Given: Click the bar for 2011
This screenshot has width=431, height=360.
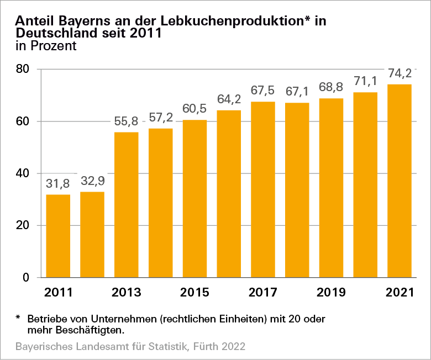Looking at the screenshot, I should tap(58, 236).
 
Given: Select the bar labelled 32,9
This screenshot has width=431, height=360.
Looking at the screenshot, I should tap(92, 234).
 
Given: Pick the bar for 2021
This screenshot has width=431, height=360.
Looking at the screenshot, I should tap(400, 181).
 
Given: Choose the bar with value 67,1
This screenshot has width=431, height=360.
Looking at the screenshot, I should tap(297, 190).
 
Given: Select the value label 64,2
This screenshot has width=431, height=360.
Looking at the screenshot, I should tap(229, 100).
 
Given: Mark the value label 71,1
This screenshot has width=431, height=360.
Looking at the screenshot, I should tap(365, 82).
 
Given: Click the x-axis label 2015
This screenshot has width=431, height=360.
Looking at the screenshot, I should tap(195, 293).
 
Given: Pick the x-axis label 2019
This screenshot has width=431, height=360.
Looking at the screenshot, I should tap(331, 293).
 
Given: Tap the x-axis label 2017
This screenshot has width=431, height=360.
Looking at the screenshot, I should tap(263, 293).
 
